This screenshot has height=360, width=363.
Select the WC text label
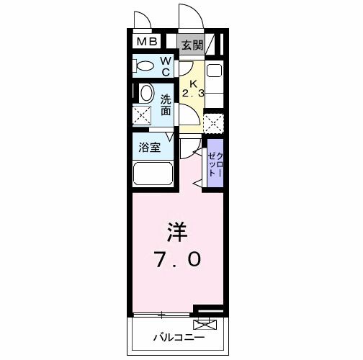(165, 66)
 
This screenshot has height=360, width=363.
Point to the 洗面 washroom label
(165, 105)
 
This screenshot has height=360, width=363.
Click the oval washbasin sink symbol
(146, 93)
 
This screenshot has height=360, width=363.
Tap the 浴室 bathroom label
(150, 146)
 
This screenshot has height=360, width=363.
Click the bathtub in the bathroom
(153, 174)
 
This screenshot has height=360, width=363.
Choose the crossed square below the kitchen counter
(213, 123)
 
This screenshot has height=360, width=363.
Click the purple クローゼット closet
(215, 163)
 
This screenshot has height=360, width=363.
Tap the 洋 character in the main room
(178, 232)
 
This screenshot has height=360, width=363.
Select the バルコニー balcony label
(178, 337)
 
